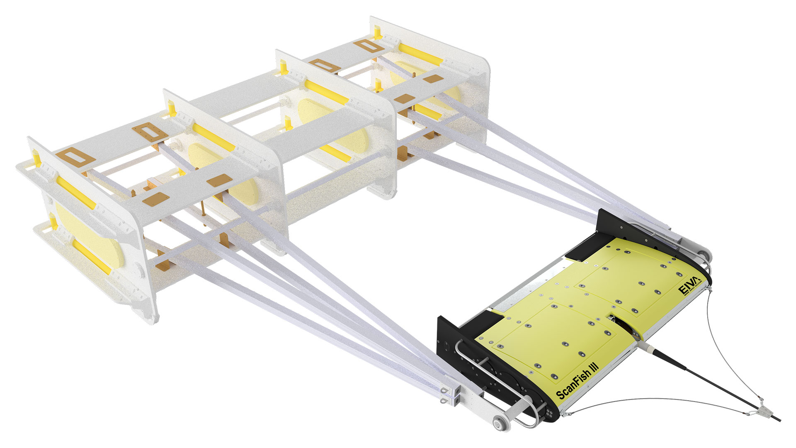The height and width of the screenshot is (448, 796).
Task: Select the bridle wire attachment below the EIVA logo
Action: [710, 291]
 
